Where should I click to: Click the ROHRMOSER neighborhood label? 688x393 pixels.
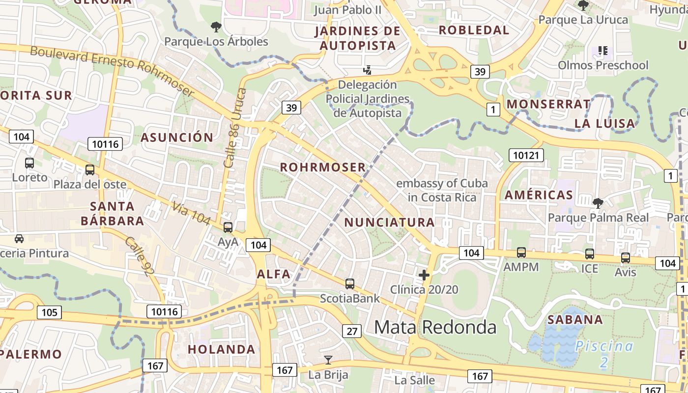click(323, 167)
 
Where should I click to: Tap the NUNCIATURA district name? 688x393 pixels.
click(389, 223)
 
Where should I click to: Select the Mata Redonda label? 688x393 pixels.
click(435, 327)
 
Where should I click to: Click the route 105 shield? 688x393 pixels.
click(49, 312)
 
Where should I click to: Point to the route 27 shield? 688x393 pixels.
click(352, 331)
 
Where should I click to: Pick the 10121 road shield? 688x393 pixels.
click(526, 156)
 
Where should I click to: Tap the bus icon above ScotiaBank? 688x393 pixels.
click(349, 283)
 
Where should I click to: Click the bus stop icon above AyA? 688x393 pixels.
click(228, 227)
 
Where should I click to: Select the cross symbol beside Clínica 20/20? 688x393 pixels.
click(424, 275)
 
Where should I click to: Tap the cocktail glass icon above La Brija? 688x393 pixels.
click(328, 360)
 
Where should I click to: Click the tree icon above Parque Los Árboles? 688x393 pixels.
click(215, 27)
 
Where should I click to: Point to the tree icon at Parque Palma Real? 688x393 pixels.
click(598, 202)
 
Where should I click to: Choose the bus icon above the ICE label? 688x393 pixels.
click(589, 254)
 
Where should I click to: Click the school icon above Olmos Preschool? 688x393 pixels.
click(603, 50)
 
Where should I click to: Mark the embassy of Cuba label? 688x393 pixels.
click(442, 190)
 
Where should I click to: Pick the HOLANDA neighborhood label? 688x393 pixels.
click(222, 349)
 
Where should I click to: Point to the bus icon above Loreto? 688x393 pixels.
click(29, 163)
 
